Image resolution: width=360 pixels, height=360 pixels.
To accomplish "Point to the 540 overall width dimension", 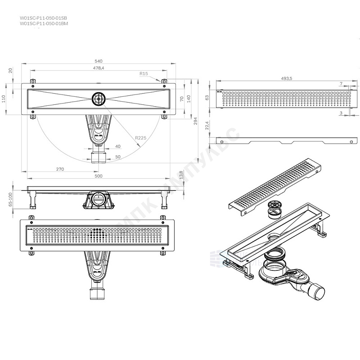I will (x=99, y=61).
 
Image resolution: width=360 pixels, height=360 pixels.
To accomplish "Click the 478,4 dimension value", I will (x=99, y=68).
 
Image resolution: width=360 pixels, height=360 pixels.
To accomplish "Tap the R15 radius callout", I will (x=144, y=73).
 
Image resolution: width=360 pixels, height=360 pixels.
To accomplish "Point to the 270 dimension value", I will (x=61, y=169).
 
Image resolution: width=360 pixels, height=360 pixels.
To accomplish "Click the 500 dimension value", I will (x=99, y=176).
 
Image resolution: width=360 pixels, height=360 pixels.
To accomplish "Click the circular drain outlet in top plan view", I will (x=99, y=99).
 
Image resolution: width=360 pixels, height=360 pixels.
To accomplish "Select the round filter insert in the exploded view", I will (x=274, y=209).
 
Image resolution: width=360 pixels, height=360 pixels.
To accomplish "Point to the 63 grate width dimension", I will (x=207, y=97).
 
